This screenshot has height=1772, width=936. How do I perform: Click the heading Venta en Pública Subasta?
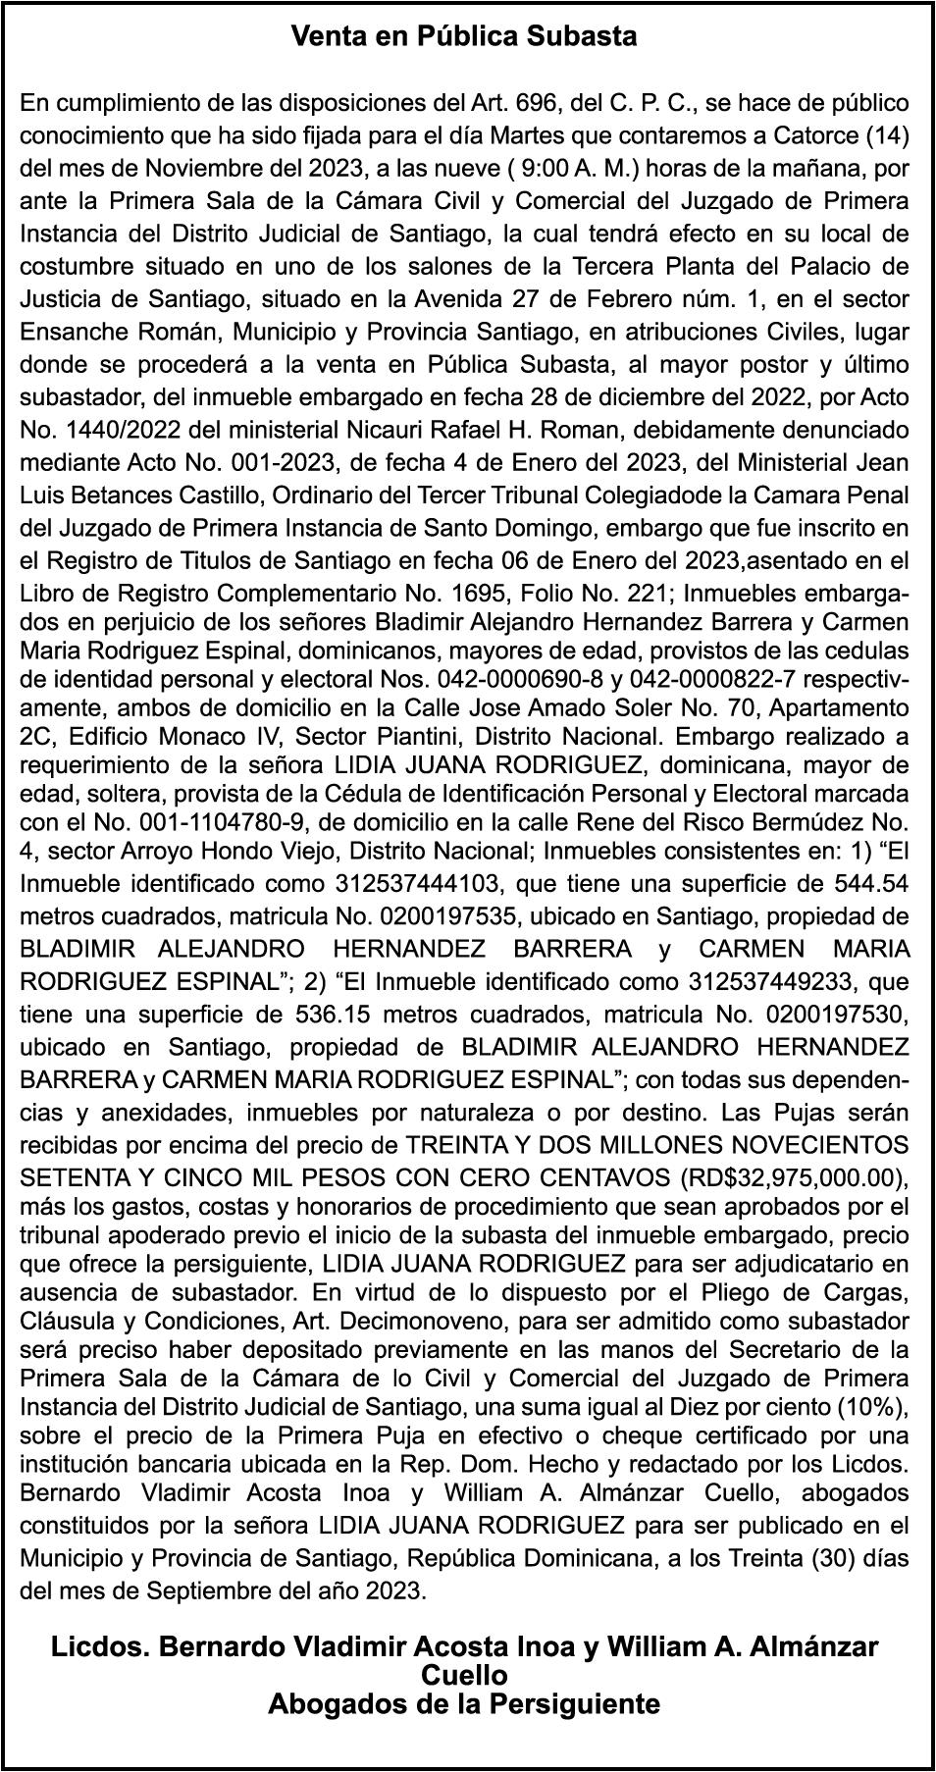(x=464, y=37)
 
